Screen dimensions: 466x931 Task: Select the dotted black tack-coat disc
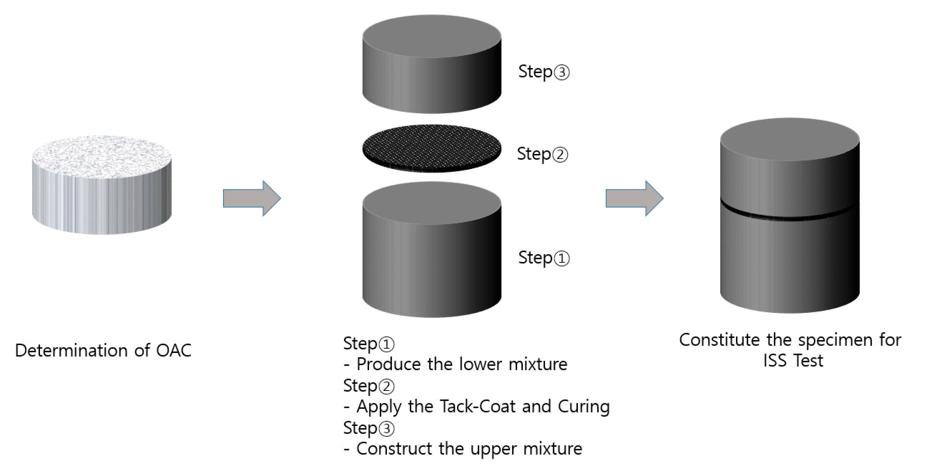(431, 148)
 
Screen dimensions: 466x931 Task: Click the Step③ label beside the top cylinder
(544, 72)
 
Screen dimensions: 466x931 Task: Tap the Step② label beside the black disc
(542, 154)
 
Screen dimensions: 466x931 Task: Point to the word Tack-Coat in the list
(477, 407)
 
